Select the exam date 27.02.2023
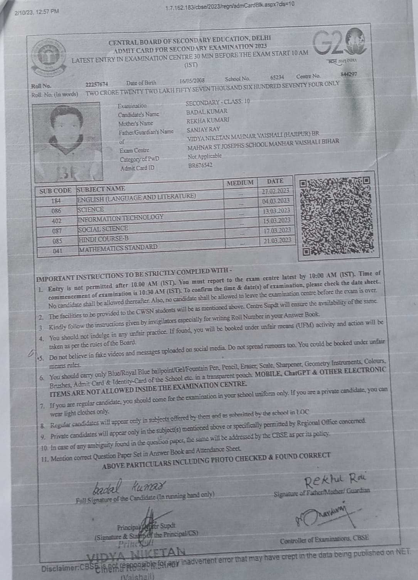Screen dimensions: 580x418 (x=275, y=191)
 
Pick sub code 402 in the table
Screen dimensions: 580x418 (x=56, y=221)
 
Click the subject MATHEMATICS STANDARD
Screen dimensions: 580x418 (x=118, y=248)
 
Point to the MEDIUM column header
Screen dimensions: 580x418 (x=240, y=183)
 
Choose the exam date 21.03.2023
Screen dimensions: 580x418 (x=277, y=240)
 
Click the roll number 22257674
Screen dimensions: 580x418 (x=97, y=84)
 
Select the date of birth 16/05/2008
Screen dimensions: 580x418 (x=192, y=81)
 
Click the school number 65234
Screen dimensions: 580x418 (x=277, y=77)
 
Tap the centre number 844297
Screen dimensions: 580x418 (x=349, y=74)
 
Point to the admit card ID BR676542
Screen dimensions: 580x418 (x=200, y=166)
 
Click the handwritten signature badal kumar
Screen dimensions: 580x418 (x=129, y=486)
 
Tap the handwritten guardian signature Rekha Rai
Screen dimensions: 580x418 (x=335, y=480)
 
